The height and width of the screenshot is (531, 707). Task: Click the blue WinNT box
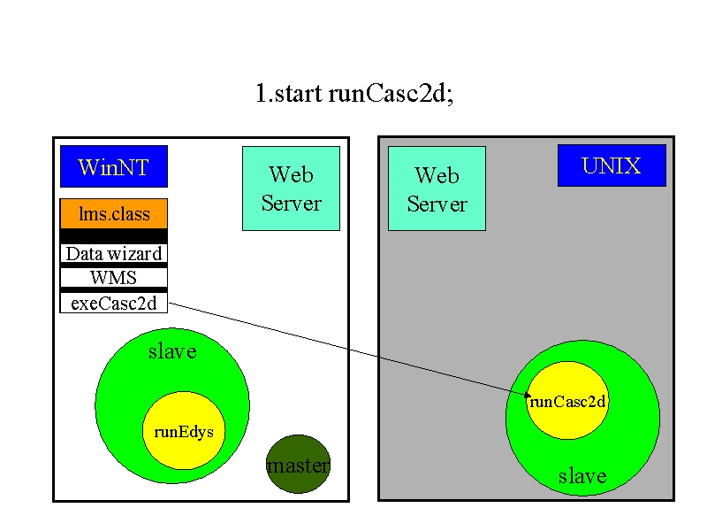point(114,166)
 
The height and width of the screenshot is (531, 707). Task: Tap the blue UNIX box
point(612,165)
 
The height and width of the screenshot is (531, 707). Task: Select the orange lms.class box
point(114,213)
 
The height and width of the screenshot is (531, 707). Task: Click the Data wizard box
point(114,253)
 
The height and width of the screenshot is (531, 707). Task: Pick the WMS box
point(114,278)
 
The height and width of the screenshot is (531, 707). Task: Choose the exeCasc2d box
point(114,303)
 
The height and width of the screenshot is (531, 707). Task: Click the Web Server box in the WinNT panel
point(292,189)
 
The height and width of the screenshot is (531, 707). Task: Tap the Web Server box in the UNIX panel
point(437,189)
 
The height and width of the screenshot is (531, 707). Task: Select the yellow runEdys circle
point(184,431)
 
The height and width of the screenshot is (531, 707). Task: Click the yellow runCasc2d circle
point(567,401)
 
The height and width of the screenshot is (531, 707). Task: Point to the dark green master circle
point(299,464)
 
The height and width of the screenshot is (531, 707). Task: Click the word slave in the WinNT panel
point(172,351)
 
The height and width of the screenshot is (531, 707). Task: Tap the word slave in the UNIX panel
point(582,476)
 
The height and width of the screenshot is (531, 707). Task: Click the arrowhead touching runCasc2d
point(528,395)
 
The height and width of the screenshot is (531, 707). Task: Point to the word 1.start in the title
point(289,93)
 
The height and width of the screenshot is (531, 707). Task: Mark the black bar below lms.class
point(114,236)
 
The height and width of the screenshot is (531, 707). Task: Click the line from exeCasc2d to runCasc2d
point(348,349)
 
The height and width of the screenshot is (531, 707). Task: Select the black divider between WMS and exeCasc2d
point(114,290)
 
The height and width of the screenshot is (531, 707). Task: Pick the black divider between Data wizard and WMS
point(114,265)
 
